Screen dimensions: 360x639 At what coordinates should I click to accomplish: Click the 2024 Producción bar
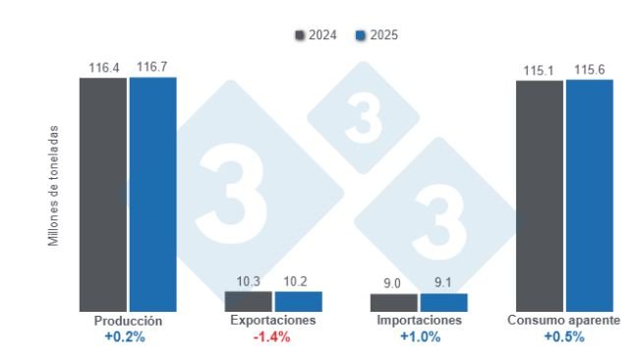[x=103, y=195]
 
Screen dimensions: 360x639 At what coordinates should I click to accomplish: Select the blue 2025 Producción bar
[x=152, y=195]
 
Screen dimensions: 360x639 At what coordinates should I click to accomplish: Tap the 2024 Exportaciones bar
[x=248, y=301]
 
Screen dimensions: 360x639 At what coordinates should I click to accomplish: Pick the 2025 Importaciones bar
[x=443, y=302]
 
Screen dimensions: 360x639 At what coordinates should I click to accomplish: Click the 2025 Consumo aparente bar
[x=589, y=195]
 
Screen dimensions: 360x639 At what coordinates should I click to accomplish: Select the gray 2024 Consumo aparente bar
[x=540, y=195]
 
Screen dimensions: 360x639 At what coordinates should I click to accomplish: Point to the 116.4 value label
[x=103, y=68]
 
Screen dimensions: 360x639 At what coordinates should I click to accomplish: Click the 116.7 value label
[x=152, y=68]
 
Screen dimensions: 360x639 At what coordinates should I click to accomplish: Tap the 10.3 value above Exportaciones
[x=248, y=281]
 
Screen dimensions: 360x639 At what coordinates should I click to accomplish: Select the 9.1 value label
[x=443, y=283]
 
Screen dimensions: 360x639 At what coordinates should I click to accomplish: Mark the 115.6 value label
[x=589, y=71]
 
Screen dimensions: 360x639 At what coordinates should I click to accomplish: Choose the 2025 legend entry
[x=376, y=35]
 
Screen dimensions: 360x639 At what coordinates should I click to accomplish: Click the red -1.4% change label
[x=273, y=336]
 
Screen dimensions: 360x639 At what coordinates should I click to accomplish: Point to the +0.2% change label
[x=128, y=336]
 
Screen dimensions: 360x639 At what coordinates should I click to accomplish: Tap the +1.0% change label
[x=420, y=336]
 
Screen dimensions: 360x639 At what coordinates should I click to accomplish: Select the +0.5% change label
[x=564, y=336]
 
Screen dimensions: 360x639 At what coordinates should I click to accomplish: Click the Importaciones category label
[x=420, y=321]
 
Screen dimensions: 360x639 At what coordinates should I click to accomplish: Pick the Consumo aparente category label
[x=564, y=321]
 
